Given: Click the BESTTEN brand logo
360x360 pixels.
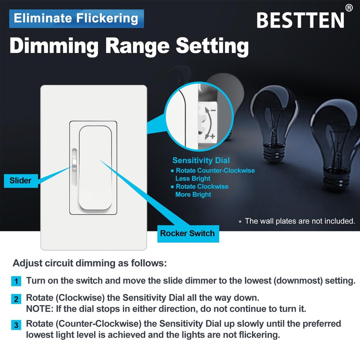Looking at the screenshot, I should pyautogui.click(x=301, y=21).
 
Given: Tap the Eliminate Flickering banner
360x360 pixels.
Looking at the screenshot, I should pyautogui.click(x=76, y=18).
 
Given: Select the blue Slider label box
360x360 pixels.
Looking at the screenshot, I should pyautogui.click(x=21, y=180).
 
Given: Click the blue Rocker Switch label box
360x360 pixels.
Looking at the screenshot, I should pyautogui.click(x=187, y=233).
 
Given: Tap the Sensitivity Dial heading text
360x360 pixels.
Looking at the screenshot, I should pyautogui.click(x=201, y=161).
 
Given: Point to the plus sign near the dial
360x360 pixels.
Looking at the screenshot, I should pyautogui.click(x=212, y=136).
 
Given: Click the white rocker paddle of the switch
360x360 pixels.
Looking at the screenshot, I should pyautogui.click(x=95, y=167).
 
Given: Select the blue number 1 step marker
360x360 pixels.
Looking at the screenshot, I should pyautogui.click(x=16, y=281).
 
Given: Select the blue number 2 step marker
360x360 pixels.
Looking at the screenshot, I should pyautogui.click(x=16, y=299).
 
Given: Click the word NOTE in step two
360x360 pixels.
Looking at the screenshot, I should pyautogui.click(x=37, y=309).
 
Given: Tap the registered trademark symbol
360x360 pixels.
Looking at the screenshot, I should pyautogui.click(x=348, y=8).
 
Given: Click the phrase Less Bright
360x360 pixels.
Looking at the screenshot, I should pyautogui.click(x=193, y=179).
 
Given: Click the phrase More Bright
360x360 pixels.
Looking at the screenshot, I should pyautogui.click(x=193, y=194).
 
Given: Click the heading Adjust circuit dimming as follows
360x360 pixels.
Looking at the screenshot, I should pyautogui.click(x=90, y=263).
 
